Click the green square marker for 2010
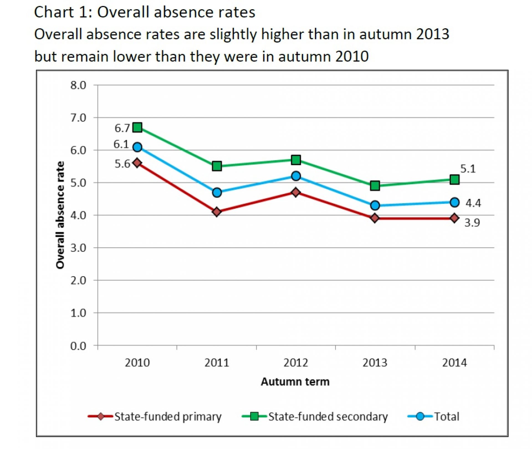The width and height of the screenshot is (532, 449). pyautogui.click(x=137, y=127)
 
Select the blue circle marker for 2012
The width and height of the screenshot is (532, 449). pyautogui.click(x=296, y=176)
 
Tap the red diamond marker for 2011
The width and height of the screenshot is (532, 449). pyautogui.click(x=217, y=212)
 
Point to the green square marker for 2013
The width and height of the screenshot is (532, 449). pyautogui.click(x=375, y=185)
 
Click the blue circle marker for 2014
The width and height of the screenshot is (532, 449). pyautogui.click(x=454, y=202)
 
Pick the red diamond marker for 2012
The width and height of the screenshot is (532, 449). pyautogui.click(x=296, y=192)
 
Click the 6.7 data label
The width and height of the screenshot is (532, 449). pyautogui.click(x=122, y=128)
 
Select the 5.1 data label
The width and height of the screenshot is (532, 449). pyautogui.click(x=468, y=169)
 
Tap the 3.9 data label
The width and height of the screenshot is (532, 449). pyautogui.click(x=472, y=223)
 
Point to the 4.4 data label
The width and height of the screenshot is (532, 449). pyautogui.click(x=473, y=203)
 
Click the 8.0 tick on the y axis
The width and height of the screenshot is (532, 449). pyautogui.click(x=78, y=85)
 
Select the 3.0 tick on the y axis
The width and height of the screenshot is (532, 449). pyautogui.click(x=78, y=248)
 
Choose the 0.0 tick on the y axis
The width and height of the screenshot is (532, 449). pyautogui.click(x=78, y=346)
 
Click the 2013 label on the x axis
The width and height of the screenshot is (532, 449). pyautogui.click(x=375, y=363)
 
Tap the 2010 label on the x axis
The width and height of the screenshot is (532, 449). pyautogui.click(x=137, y=363)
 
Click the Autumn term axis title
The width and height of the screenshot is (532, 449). pyautogui.click(x=295, y=382)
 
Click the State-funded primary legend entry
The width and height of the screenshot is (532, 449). pyautogui.click(x=168, y=417)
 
